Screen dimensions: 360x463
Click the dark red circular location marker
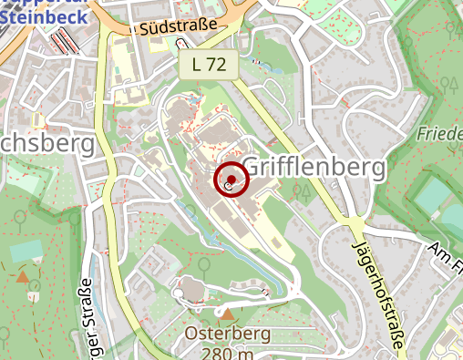pyautogui.click(x=231, y=180)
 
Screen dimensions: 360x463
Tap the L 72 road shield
pyautogui.click(x=208, y=64)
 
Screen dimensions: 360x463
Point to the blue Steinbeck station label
pyautogui.click(x=45, y=15)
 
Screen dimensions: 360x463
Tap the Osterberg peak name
pyautogui.click(x=228, y=334)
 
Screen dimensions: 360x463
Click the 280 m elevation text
pyautogui.click(x=228, y=353)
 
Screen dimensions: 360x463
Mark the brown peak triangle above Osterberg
pyautogui.click(x=229, y=314)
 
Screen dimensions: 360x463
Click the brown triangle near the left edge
pyautogui.click(x=22, y=275)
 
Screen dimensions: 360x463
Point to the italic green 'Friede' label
pyautogui.click(x=440, y=134)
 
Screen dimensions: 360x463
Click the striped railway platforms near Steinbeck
pyautogui.click(x=64, y=41)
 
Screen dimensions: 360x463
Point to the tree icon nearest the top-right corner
pyautogui.click(x=448, y=84)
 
